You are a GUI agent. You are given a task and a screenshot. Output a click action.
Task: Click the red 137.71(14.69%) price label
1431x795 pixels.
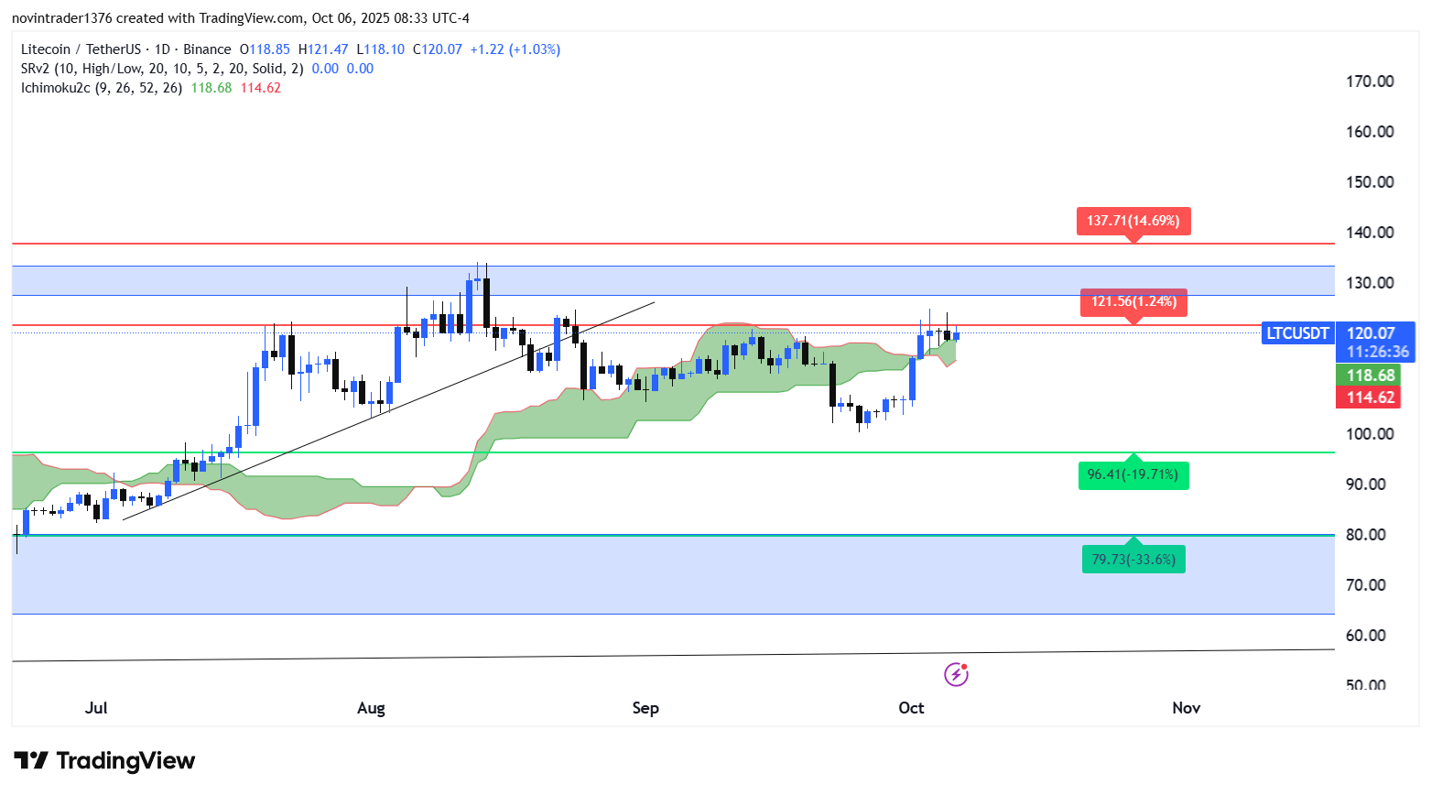(1133, 221)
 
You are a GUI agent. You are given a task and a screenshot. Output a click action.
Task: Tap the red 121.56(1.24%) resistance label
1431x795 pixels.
(1133, 301)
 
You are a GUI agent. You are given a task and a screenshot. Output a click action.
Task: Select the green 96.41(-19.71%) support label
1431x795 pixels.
(1133, 474)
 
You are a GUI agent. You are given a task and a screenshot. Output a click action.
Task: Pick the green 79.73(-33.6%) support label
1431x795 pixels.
(1133, 560)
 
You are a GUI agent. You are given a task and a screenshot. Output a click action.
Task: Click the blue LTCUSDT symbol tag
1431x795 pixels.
(1296, 333)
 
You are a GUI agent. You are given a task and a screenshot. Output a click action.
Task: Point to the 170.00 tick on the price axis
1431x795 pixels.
(1370, 82)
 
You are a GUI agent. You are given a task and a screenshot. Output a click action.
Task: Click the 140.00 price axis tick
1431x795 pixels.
(1370, 233)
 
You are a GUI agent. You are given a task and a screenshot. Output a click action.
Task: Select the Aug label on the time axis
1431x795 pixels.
(371, 708)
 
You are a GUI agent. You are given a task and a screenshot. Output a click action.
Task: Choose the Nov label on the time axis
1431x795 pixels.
(1186, 708)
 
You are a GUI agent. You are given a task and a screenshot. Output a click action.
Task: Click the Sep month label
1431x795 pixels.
(645, 708)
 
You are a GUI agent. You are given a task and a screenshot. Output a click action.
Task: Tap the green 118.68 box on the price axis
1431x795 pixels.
(1370, 376)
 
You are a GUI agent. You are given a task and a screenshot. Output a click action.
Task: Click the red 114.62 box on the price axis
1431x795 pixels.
(1370, 397)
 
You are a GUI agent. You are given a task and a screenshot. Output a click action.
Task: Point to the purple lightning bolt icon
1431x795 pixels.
(956, 675)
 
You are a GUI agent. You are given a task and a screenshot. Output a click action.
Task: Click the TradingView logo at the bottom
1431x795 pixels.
(104, 761)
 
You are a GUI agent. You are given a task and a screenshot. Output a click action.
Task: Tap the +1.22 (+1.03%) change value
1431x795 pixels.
(515, 49)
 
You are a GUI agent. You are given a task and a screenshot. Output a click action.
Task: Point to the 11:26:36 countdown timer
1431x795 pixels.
(1377, 352)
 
